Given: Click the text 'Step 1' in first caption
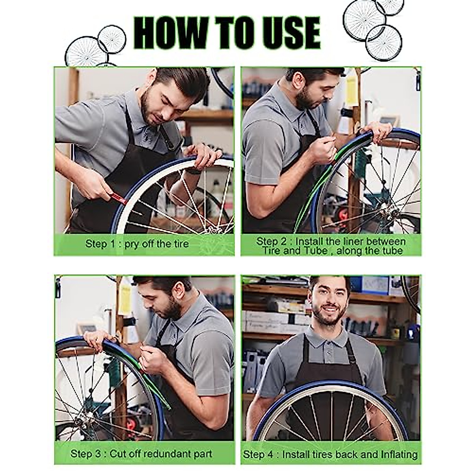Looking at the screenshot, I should point(100,244).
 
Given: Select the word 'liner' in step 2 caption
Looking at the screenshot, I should point(350,241).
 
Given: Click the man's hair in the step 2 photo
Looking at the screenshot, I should point(315,73).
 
